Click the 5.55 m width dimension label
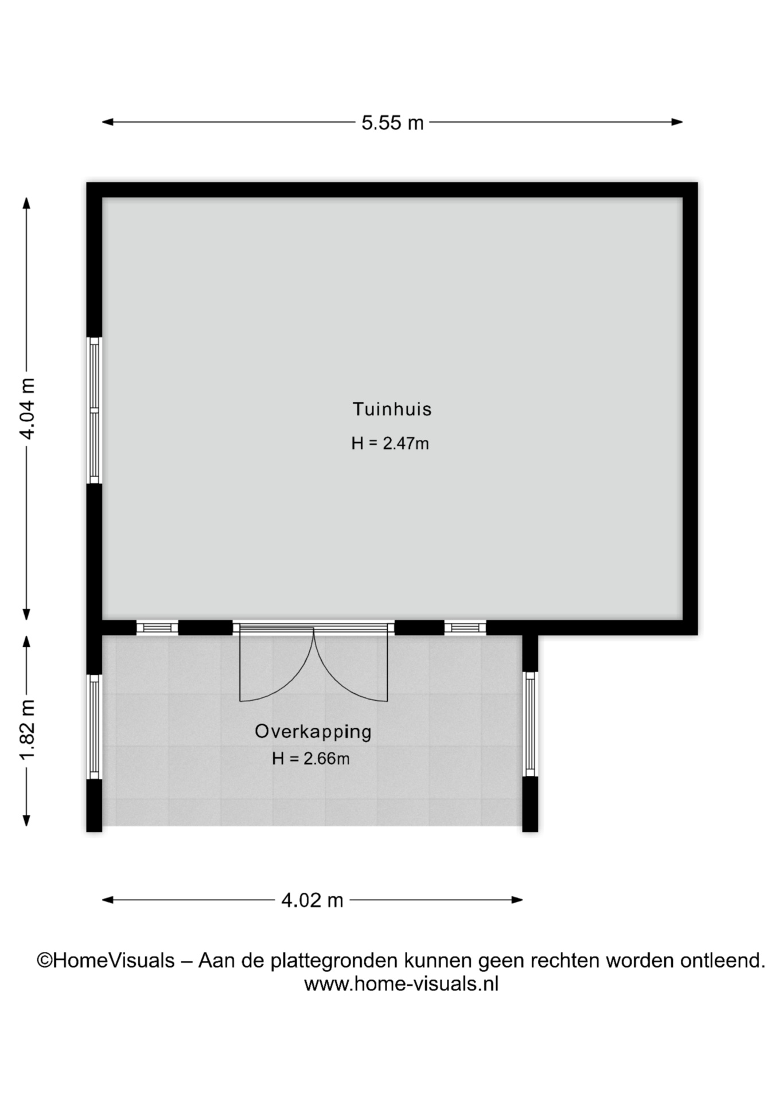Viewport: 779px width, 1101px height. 392,123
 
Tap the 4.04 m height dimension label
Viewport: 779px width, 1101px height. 27,408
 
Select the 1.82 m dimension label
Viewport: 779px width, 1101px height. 27,729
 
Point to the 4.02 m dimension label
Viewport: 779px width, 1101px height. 312,900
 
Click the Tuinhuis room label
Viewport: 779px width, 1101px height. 392,409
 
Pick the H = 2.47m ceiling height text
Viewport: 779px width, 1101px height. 390,443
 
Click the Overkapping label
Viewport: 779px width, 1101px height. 313,732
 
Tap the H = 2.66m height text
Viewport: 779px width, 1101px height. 310,759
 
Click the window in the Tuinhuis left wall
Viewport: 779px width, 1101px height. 94,410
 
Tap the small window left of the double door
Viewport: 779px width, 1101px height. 157,628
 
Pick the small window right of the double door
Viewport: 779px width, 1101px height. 465,628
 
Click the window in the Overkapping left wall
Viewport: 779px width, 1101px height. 94,727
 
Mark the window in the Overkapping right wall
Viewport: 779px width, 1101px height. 530,724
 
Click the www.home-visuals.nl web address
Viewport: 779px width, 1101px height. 401,984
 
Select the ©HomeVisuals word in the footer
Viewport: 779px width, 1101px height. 106,960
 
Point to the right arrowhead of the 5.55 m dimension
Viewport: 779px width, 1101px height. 677,122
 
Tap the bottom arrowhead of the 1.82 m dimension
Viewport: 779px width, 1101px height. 26,821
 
